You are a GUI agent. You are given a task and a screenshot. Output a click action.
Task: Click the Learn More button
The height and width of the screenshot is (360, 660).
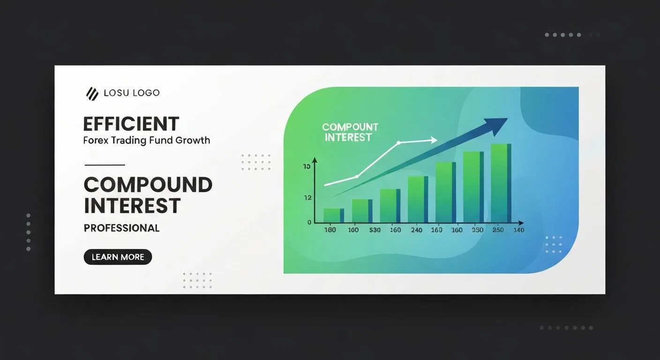(x=118, y=257)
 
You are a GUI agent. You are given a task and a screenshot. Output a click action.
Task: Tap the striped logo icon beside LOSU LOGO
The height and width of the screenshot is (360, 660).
(x=92, y=94)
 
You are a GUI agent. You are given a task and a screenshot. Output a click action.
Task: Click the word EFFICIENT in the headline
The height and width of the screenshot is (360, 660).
(x=131, y=124)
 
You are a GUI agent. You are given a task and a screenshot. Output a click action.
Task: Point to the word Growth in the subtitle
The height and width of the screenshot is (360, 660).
(x=193, y=140)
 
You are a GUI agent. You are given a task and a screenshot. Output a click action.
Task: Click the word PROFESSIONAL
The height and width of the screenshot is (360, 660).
(x=122, y=228)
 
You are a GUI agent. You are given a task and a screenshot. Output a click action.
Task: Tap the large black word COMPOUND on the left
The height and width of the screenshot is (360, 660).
(x=148, y=185)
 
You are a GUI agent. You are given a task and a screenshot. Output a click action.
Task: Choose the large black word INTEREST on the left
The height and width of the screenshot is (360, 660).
(x=132, y=206)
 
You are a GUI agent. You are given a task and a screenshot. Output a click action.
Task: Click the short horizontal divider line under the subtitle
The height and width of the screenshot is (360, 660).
(x=105, y=165)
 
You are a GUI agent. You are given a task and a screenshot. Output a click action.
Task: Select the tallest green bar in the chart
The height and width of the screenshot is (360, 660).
(x=501, y=183)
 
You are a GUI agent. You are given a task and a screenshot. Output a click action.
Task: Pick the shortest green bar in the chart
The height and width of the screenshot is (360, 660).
(x=334, y=216)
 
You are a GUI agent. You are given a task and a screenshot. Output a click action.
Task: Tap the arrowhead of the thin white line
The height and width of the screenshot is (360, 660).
(x=434, y=140)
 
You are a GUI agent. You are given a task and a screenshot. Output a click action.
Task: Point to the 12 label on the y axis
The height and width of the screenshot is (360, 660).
(x=307, y=198)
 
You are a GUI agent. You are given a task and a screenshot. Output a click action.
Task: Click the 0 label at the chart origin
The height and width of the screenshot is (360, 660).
(x=309, y=222)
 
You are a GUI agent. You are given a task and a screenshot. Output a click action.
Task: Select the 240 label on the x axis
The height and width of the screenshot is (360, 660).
(x=417, y=230)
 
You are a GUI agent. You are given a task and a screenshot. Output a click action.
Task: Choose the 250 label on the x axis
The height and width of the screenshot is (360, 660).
(x=498, y=230)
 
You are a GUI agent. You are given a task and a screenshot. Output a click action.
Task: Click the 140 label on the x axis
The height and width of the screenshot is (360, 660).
(x=519, y=230)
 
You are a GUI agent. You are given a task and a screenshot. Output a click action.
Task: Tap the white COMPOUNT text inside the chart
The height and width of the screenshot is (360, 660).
(x=350, y=127)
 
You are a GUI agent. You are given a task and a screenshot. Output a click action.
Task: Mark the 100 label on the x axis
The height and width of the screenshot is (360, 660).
(x=353, y=230)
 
